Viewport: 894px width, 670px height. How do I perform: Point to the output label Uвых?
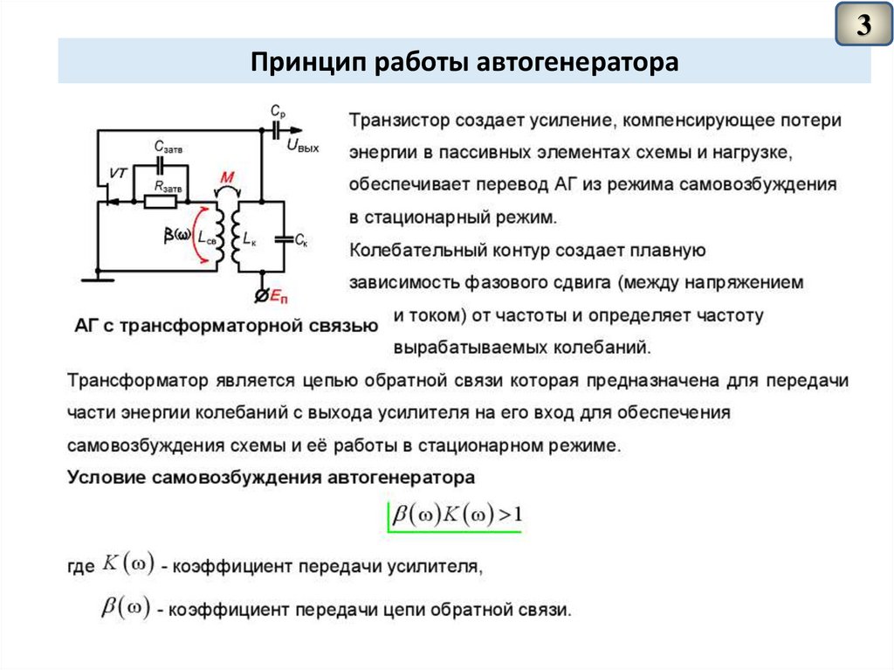[302, 148]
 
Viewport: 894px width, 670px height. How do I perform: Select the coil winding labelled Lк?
[237, 238]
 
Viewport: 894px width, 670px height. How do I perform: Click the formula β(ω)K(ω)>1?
[457, 515]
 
